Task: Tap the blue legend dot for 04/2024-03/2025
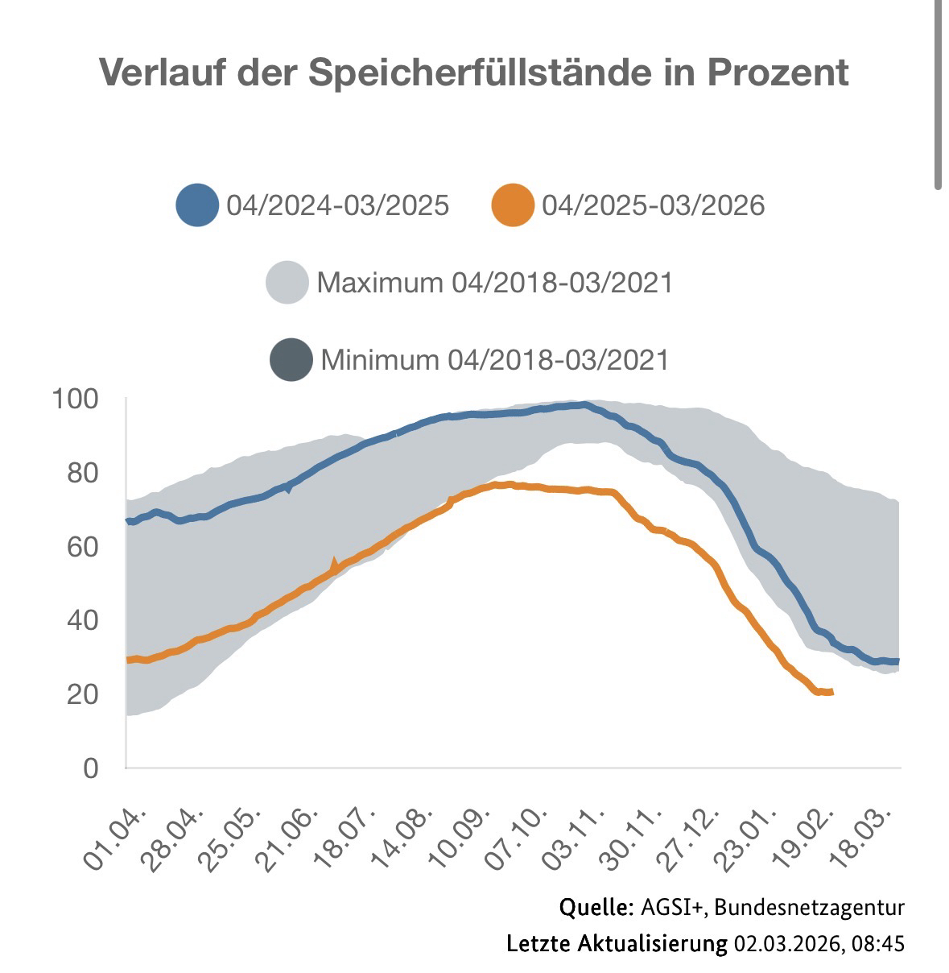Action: click(197, 205)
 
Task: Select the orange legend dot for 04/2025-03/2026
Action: click(512, 205)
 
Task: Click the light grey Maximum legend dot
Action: click(287, 283)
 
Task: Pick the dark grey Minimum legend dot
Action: click(291, 359)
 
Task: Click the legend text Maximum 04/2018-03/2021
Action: click(494, 283)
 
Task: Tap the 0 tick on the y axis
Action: click(90, 768)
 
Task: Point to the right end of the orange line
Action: click(831, 692)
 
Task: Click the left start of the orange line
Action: click(128, 660)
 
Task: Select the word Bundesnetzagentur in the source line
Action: click(809, 908)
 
